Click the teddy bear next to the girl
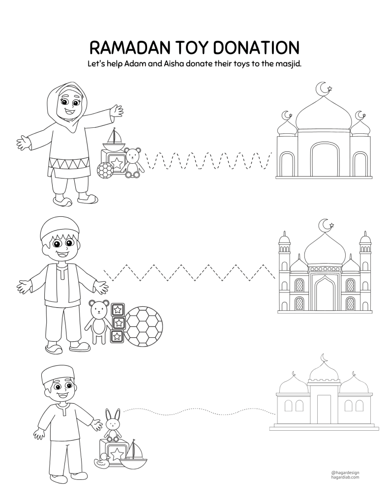point(133,162)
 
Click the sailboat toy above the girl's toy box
point(113,139)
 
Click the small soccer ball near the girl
point(104,169)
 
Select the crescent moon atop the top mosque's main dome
point(322,88)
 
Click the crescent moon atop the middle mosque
point(325,224)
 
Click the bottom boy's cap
point(58,375)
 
